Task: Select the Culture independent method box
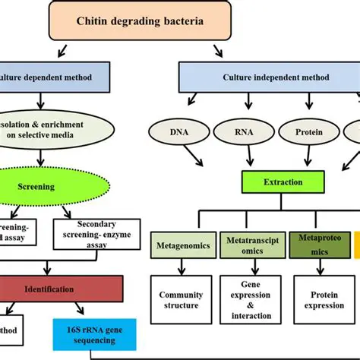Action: (x=268, y=77)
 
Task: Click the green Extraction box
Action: (x=284, y=182)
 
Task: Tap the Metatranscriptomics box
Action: (x=251, y=247)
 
